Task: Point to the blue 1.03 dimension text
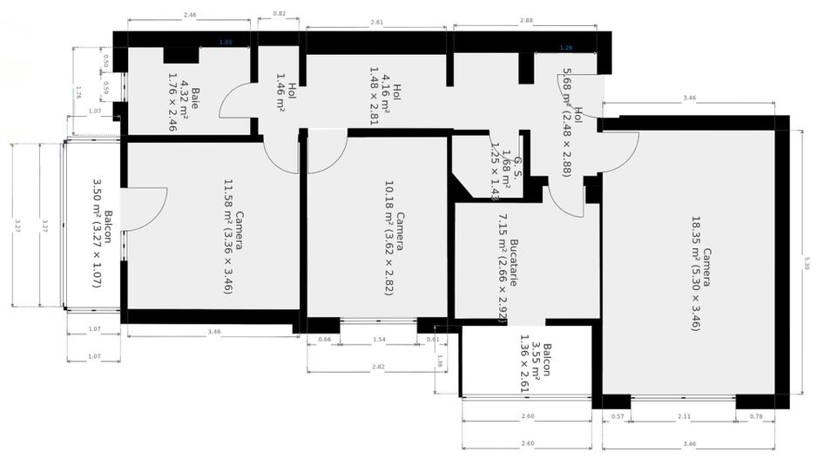[x=226, y=41]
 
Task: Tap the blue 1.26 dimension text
[x=566, y=47]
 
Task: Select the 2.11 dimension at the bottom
[x=684, y=417]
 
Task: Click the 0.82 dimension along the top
[x=279, y=14]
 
